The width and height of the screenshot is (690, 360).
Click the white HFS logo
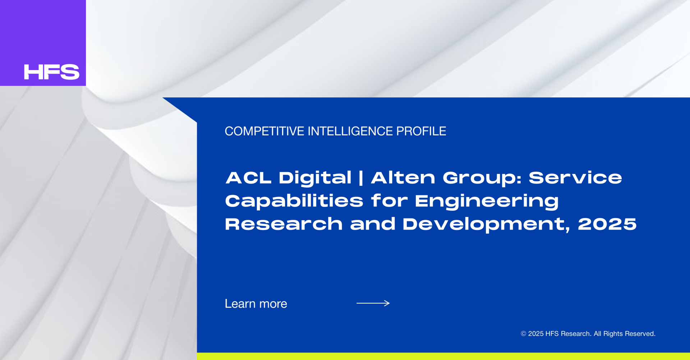point(51,72)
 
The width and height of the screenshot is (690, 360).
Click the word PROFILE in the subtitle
point(421,131)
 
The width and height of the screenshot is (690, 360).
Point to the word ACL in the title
point(248,178)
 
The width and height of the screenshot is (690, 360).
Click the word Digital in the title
point(315,179)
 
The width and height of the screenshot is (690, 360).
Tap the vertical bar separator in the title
point(361,179)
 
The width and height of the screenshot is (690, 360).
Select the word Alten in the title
point(403,178)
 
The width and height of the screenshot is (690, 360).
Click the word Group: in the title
point(482,179)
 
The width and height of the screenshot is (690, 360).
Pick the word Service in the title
point(575,178)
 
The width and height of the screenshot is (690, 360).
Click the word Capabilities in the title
point(294,201)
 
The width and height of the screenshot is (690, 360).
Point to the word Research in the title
point(284,224)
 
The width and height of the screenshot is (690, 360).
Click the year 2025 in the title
point(607,224)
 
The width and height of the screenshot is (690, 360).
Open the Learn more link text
point(256,304)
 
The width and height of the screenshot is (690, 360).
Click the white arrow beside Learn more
point(373,303)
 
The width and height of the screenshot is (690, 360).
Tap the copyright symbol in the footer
point(524,334)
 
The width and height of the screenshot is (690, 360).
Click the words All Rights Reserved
point(625,334)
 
